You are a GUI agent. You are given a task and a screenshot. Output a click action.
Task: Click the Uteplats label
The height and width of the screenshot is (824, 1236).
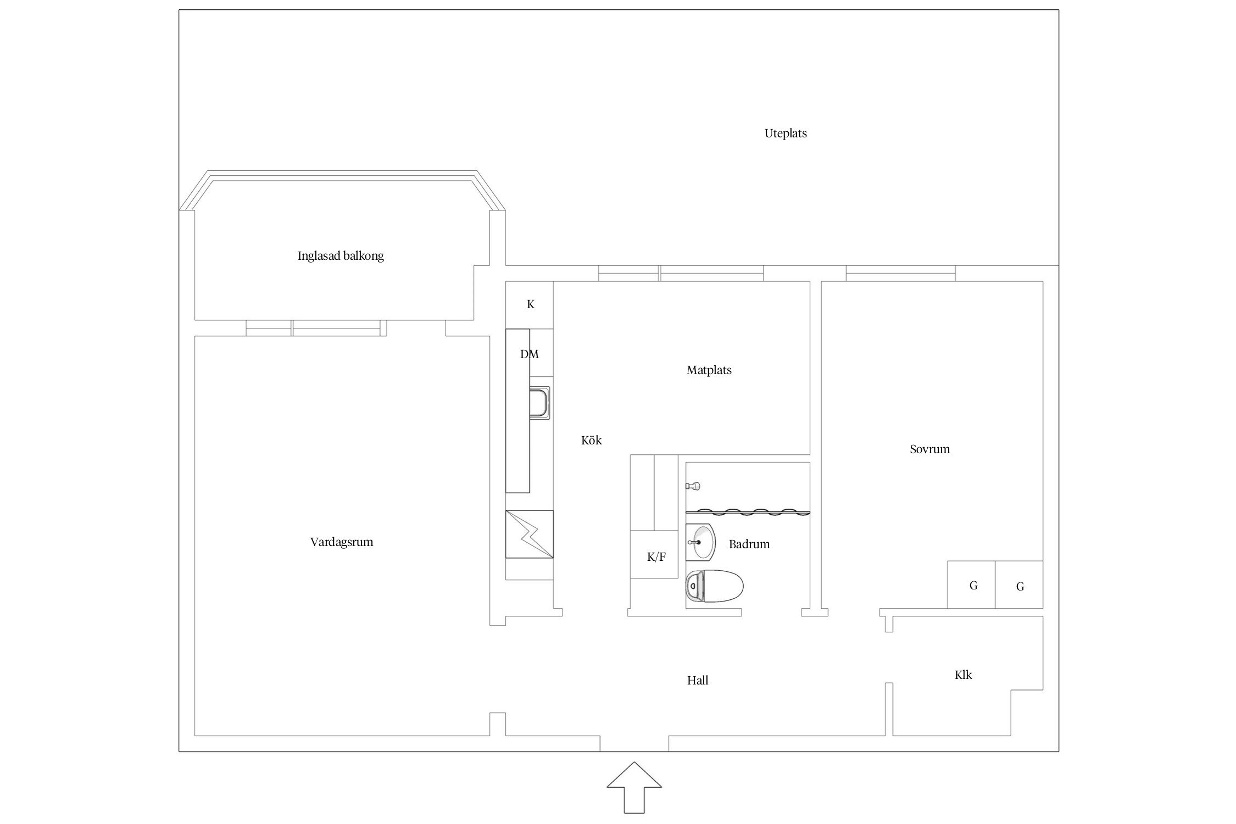pyautogui.click(x=786, y=133)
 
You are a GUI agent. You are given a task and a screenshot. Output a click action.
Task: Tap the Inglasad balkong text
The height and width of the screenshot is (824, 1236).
pyautogui.click(x=341, y=256)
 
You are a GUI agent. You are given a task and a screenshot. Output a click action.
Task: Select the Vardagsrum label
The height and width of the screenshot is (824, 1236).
pyautogui.click(x=342, y=542)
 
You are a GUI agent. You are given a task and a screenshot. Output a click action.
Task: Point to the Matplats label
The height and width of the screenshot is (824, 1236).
pyautogui.click(x=709, y=370)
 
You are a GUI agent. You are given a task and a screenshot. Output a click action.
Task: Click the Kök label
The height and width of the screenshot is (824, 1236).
pyautogui.click(x=592, y=440)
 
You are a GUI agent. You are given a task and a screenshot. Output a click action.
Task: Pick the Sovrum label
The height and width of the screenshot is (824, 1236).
pyautogui.click(x=930, y=449)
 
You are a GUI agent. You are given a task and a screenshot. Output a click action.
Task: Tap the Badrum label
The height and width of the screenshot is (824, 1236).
pyautogui.click(x=749, y=544)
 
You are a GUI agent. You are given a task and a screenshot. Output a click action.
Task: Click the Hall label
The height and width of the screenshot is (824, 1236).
pyautogui.click(x=698, y=681)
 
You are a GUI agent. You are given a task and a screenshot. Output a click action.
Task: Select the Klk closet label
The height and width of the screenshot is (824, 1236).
pyautogui.click(x=964, y=675)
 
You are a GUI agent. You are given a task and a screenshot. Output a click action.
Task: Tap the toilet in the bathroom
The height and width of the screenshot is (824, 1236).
pyautogui.click(x=714, y=586)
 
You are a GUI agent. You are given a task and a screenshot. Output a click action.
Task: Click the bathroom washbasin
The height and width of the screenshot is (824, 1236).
pyautogui.click(x=700, y=542)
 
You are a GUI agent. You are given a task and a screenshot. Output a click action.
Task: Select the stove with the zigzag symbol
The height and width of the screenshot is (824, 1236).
pyautogui.click(x=529, y=534)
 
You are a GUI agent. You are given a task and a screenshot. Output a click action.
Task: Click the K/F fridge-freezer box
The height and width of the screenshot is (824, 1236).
pyautogui.click(x=654, y=555)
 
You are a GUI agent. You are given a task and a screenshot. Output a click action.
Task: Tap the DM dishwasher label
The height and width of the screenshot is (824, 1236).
pyautogui.click(x=530, y=354)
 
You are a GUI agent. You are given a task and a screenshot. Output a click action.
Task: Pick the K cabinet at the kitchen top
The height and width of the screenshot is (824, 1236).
pyautogui.click(x=529, y=305)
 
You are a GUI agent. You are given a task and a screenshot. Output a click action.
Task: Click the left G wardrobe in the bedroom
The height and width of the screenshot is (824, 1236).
pyautogui.click(x=971, y=584)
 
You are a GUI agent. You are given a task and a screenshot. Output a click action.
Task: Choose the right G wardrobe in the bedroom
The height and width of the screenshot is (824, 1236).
pyautogui.click(x=1019, y=584)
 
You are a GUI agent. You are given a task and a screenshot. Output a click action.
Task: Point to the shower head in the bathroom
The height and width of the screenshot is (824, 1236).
pyautogui.click(x=693, y=486)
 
